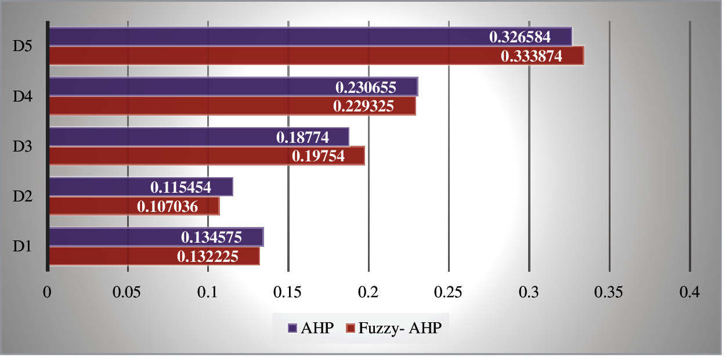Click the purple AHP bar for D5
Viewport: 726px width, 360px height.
(x=261, y=37)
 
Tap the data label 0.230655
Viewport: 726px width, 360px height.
(x=366, y=88)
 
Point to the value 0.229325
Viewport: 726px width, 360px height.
(x=363, y=107)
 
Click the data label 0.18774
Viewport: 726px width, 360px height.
(x=302, y=138)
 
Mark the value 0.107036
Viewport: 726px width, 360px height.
(x=167, y=206)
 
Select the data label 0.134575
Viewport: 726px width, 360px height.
(x=211, y=237)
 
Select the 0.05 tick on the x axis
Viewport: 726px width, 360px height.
(x=127, y=292)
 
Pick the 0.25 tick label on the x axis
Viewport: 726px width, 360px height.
(x=449, y=292)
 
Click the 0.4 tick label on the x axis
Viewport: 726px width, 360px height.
(x=689, y=292)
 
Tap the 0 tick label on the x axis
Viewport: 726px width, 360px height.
(x=47, y=292)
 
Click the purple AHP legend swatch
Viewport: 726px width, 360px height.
(x=293, y=328)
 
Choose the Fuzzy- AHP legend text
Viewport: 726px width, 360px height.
(x=400, y=328)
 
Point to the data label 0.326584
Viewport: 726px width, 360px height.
(x=519, y=37)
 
